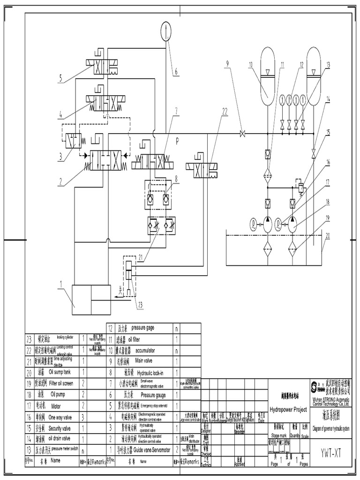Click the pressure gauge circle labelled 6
point(167,32)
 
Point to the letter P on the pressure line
point(178,140)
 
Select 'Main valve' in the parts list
point(146,361)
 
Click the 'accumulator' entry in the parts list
point(146,350)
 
